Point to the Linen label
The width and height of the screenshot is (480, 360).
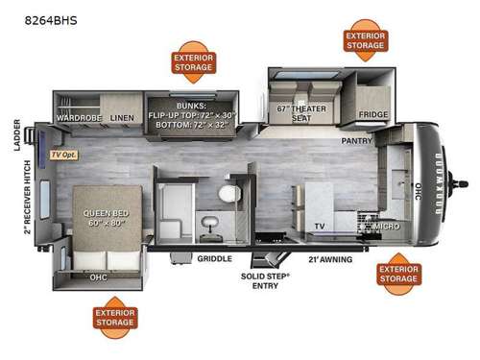(121, 118)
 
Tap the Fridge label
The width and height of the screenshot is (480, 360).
(373, 114)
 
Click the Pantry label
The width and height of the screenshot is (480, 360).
(357, 140)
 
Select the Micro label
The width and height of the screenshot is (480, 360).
(388, 227)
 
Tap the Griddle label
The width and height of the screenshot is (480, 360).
(211, 258)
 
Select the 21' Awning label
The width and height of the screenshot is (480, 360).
(329, 258)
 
